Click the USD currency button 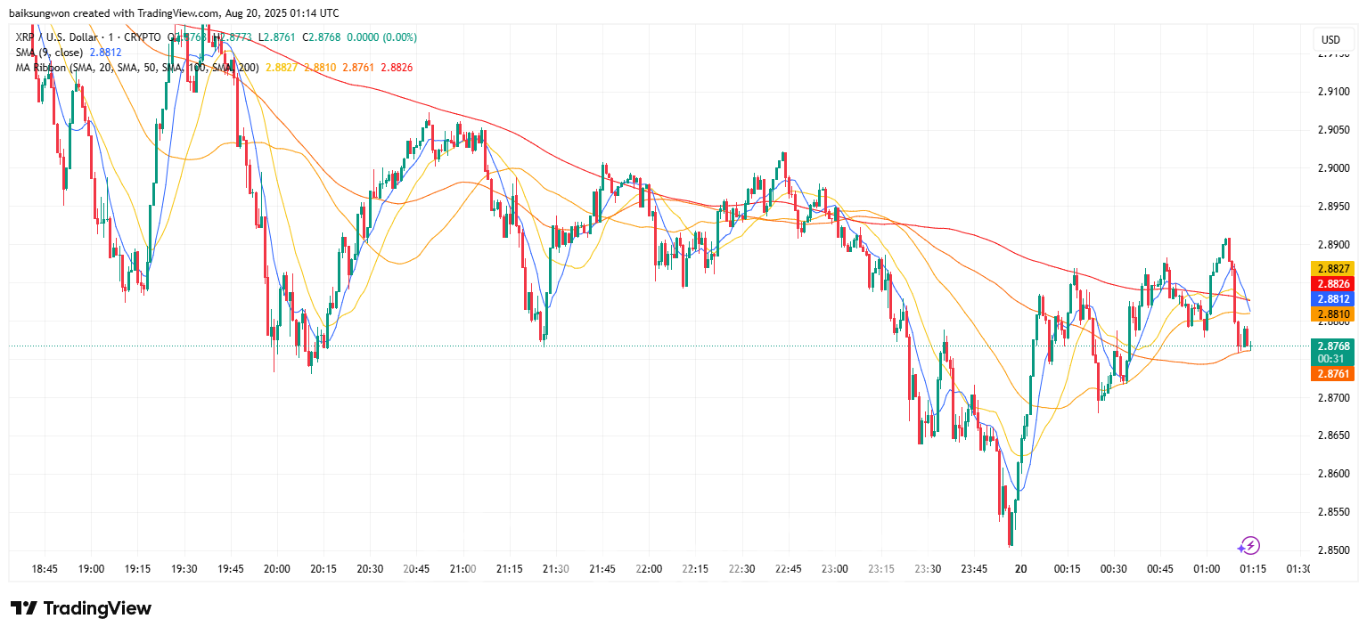pyautogui.click(x=1330, y=40)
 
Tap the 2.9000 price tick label pyautogui.click(x=1330, y=168)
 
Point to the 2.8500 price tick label pyautogui.click(x=1330, y=550)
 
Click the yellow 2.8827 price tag pyautogui.click(x=1332, y=268)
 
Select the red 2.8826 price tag pyautogui.click(x=1332, y=283)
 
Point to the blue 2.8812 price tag pyautogui.click(x=1332, y=299)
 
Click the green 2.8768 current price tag pyautogui.click(x=1332, y=346)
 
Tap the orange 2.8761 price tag pyautogui.click(x=1332, y=374)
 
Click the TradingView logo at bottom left pyautogui.click(x=81, y=608)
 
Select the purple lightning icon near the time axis pyautogui.click(x=1249, y=545)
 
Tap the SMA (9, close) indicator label pyautogui.click(x=48, y=53)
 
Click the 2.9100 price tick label pyautogui.click(x=1330, y=92)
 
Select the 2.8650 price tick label pyautogui.click(x=1330, y=436)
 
